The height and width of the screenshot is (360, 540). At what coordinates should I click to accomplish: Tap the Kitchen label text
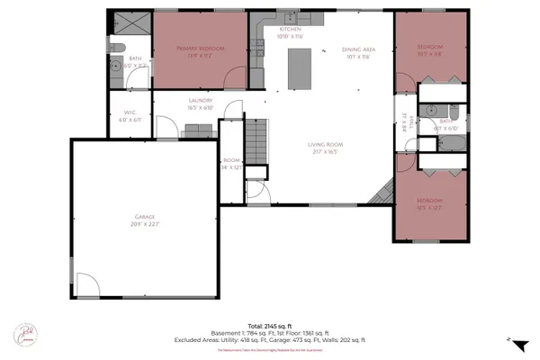pos(290,31)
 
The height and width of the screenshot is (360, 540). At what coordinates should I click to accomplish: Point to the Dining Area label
pos(357,51)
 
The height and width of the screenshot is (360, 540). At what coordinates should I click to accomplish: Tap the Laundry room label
pos(200,103)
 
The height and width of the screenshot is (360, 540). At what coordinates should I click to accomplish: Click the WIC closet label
pos(128,116)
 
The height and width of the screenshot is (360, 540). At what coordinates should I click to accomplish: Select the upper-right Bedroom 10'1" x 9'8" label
pos(430,49)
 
